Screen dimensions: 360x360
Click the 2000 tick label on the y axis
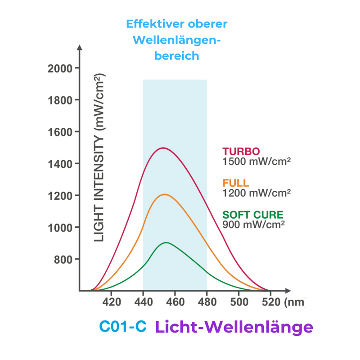click(x=60, y=68)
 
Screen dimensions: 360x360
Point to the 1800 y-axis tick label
click(x=60, y=100)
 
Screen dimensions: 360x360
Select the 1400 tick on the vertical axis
click(x=60, y=164)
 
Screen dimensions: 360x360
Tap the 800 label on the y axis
click(x=63, y=260)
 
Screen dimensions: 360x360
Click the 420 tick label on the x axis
click(x=112, y=302)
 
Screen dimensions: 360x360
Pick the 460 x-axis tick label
click(x=175, y=302)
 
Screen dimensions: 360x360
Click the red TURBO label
click(x=241, y=151)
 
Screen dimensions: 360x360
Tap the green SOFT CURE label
click(x=253, y=215)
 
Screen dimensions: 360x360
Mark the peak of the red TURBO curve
click(x=162, y=148)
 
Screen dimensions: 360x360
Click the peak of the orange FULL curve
click(x=164, y=194)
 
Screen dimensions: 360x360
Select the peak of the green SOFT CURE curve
click(x=166, y=243)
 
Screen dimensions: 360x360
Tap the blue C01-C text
click(x=123, y=326)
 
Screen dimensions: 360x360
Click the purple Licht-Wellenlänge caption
click(x=234, y=327)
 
